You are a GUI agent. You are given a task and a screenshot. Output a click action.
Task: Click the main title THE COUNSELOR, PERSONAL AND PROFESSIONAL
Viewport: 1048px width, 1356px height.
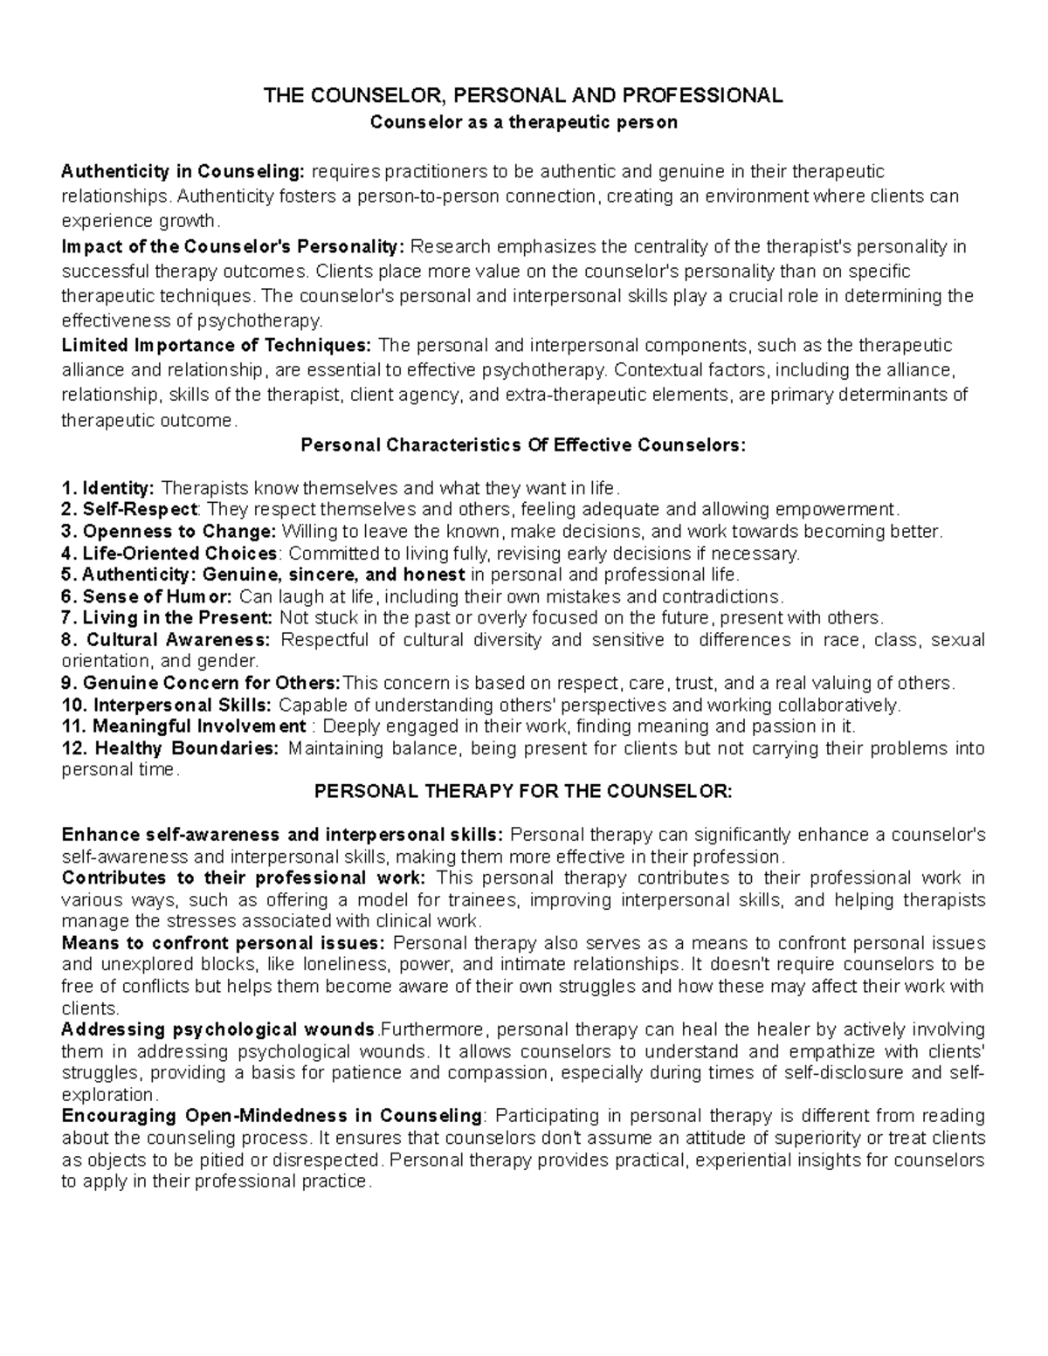523,95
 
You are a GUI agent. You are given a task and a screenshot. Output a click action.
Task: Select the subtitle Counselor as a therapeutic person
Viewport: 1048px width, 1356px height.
523,122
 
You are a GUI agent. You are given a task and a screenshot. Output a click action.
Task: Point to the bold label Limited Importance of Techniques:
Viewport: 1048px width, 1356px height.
217,346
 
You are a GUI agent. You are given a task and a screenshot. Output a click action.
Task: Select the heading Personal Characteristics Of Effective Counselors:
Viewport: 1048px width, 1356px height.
523,444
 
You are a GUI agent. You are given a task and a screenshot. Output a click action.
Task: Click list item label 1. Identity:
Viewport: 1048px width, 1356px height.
109,487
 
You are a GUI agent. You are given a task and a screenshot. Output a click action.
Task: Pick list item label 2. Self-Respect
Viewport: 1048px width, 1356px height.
130,509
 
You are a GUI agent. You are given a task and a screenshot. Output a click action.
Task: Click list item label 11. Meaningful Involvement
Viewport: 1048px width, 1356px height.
183,726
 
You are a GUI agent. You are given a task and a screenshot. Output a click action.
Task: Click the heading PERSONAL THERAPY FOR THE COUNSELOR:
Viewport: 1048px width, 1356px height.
523,791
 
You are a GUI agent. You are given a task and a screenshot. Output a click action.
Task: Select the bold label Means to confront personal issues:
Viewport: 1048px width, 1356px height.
224,943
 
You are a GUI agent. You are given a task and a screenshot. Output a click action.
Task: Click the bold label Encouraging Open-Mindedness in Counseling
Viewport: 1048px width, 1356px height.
272,1116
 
